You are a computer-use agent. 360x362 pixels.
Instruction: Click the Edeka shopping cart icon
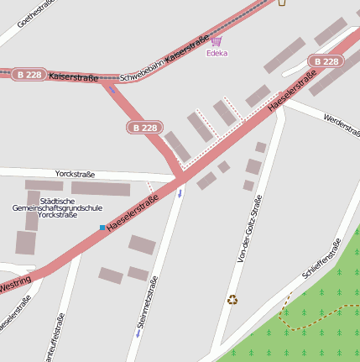[x=217, y=41]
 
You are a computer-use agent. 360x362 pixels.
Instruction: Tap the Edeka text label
[x=217, y=53]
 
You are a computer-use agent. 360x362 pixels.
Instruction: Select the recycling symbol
[x=232, y=298]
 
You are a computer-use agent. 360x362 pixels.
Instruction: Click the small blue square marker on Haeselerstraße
[x=102, y=228]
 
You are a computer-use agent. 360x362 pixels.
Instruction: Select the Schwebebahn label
[x=141, y=75]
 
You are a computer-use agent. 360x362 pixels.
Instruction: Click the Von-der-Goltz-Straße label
[x=250, y=228]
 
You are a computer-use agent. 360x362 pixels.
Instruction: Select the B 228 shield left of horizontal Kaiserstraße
[x=29, y=75]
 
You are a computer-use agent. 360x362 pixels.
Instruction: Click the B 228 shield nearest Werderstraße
[x=326, y=61]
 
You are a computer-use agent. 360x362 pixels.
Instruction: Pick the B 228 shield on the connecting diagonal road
[x=143, y=128]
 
